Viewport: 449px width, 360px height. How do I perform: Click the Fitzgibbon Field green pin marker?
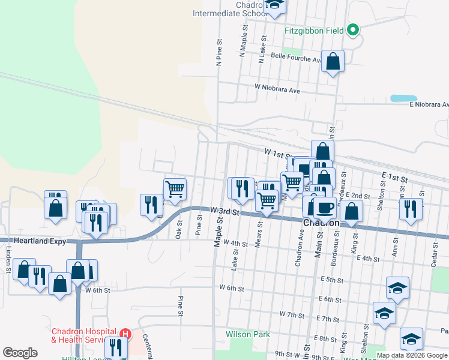(354, 29)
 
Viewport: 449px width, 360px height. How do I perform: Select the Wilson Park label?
(248, 334)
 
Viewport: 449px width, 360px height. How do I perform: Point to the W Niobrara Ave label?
(277, 88)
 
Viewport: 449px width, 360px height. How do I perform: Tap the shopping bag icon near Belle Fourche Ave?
(333, 61)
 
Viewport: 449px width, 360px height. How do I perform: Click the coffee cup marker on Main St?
(325, 208)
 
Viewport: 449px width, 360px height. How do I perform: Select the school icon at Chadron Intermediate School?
(275, 5)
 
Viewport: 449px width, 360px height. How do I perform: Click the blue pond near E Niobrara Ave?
(403, 98)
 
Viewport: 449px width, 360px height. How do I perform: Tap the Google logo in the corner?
(20, 353)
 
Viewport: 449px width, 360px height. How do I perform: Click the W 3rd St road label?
(224, 212)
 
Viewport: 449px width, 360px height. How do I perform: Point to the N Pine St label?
(219, 52)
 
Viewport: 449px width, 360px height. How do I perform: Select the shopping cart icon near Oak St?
(175, 189)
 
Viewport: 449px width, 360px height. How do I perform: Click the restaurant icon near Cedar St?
(411, 209)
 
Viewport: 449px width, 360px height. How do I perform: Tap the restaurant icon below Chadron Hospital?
(115, 347)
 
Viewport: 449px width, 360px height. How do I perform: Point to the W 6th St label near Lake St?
(231, 289)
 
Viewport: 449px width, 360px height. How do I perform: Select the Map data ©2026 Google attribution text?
(412, 355)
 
